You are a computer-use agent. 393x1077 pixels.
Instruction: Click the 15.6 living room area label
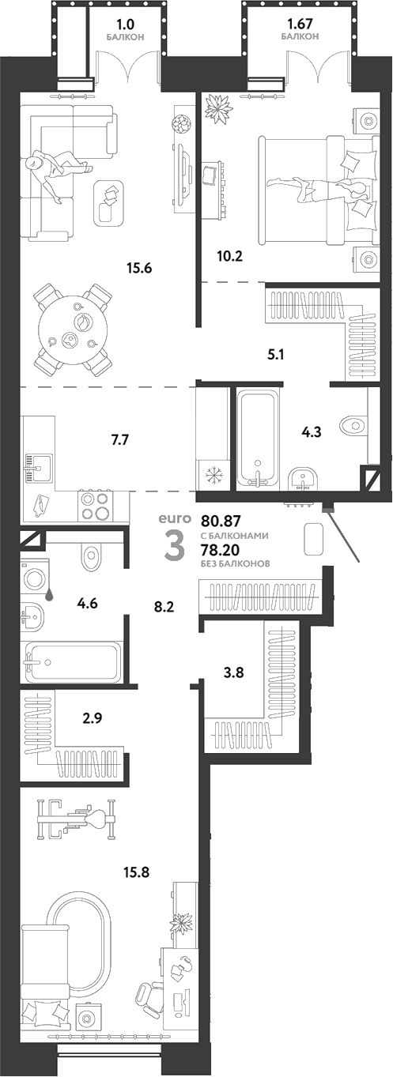tap(138, 268)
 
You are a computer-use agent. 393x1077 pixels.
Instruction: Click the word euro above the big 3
tap(175, 518)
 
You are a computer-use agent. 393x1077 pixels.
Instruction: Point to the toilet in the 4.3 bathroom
tap(353, 426)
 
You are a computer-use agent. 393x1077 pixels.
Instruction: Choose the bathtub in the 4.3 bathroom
tap(257, 437)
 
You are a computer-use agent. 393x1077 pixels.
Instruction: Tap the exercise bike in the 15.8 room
tap(76, 818)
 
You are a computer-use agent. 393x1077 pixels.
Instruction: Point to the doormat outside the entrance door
tap(314, 539)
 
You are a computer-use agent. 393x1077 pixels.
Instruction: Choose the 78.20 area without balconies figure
tap(222, 549)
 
